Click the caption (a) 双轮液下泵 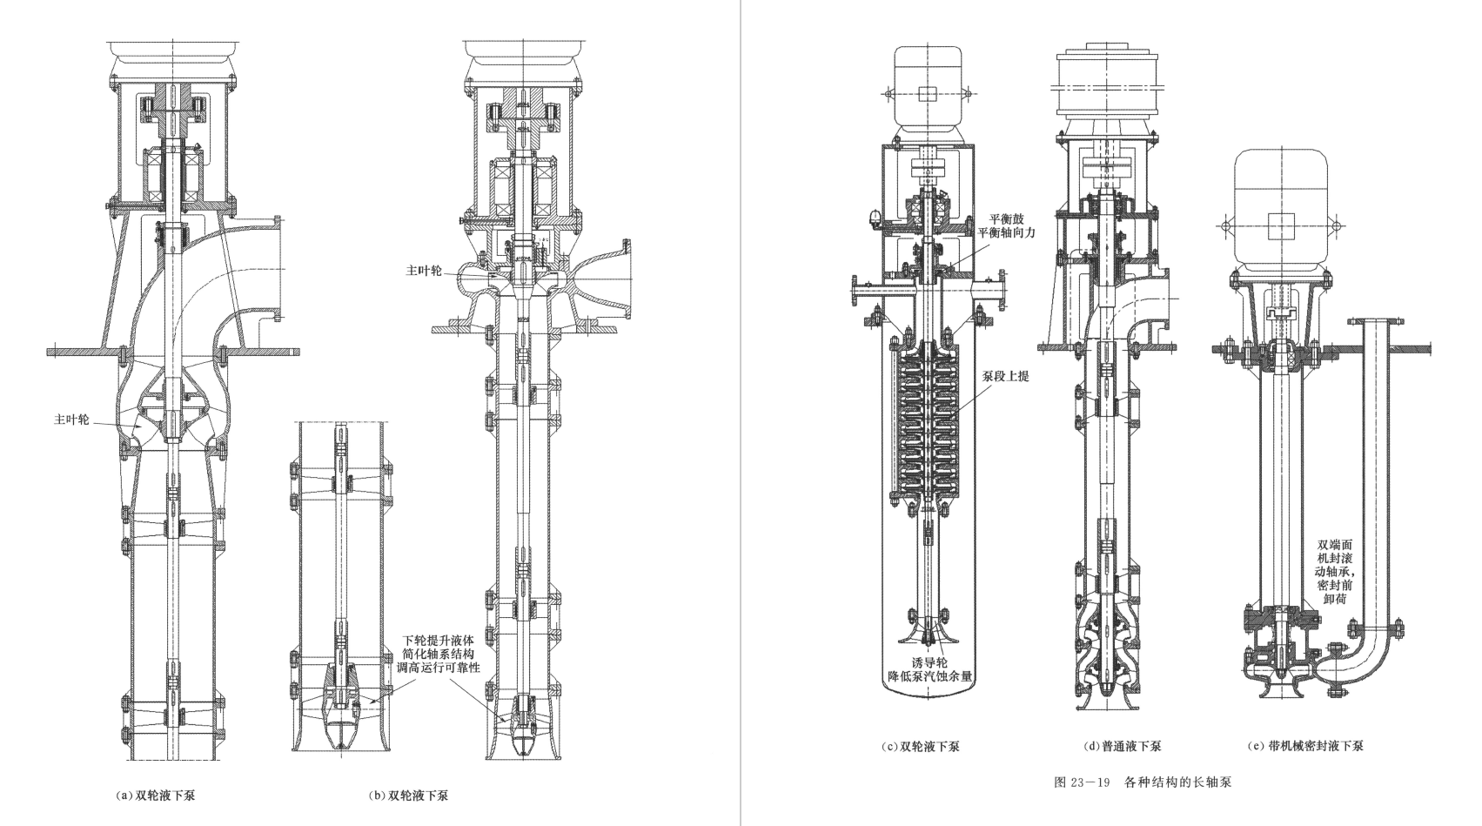156,796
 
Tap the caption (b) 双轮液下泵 408,796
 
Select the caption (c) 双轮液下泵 921,747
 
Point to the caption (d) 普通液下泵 1123,747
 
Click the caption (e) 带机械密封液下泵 1305,746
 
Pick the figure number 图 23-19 1082,782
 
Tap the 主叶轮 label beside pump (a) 71,420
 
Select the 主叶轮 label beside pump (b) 424,271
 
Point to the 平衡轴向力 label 1006,232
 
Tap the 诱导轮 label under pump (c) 930,663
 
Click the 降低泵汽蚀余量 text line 930,677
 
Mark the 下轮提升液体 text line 439,641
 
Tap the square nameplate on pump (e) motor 1282,226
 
